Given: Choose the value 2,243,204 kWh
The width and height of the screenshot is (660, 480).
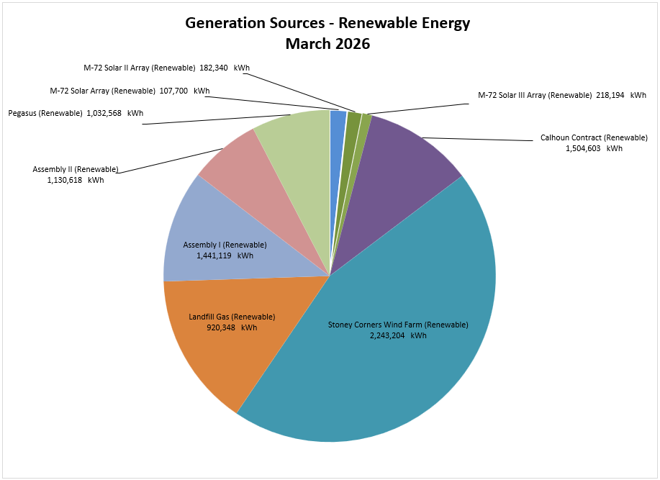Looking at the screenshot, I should pos(397,335).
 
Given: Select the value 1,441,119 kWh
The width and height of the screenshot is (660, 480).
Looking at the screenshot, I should pos(225,255).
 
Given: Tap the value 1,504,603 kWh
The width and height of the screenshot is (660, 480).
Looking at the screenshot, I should pos(594,148).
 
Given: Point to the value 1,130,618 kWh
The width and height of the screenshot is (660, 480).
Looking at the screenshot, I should pos(75,180).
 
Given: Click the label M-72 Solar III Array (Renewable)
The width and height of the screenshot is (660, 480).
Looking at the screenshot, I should pos(535,95).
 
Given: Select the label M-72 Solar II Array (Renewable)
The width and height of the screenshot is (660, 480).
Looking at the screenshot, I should pos(140,68).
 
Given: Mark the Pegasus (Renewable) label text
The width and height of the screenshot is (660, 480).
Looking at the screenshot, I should pos(45,113).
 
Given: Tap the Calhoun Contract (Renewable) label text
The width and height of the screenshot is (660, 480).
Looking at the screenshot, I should pos(594,137).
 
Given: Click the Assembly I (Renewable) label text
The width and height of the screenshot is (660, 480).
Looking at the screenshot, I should pos(225,245).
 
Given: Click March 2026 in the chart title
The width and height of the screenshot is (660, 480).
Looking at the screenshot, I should pos(327,44).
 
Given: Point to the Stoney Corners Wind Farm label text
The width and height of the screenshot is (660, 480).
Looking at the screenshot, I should pos(398,325).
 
